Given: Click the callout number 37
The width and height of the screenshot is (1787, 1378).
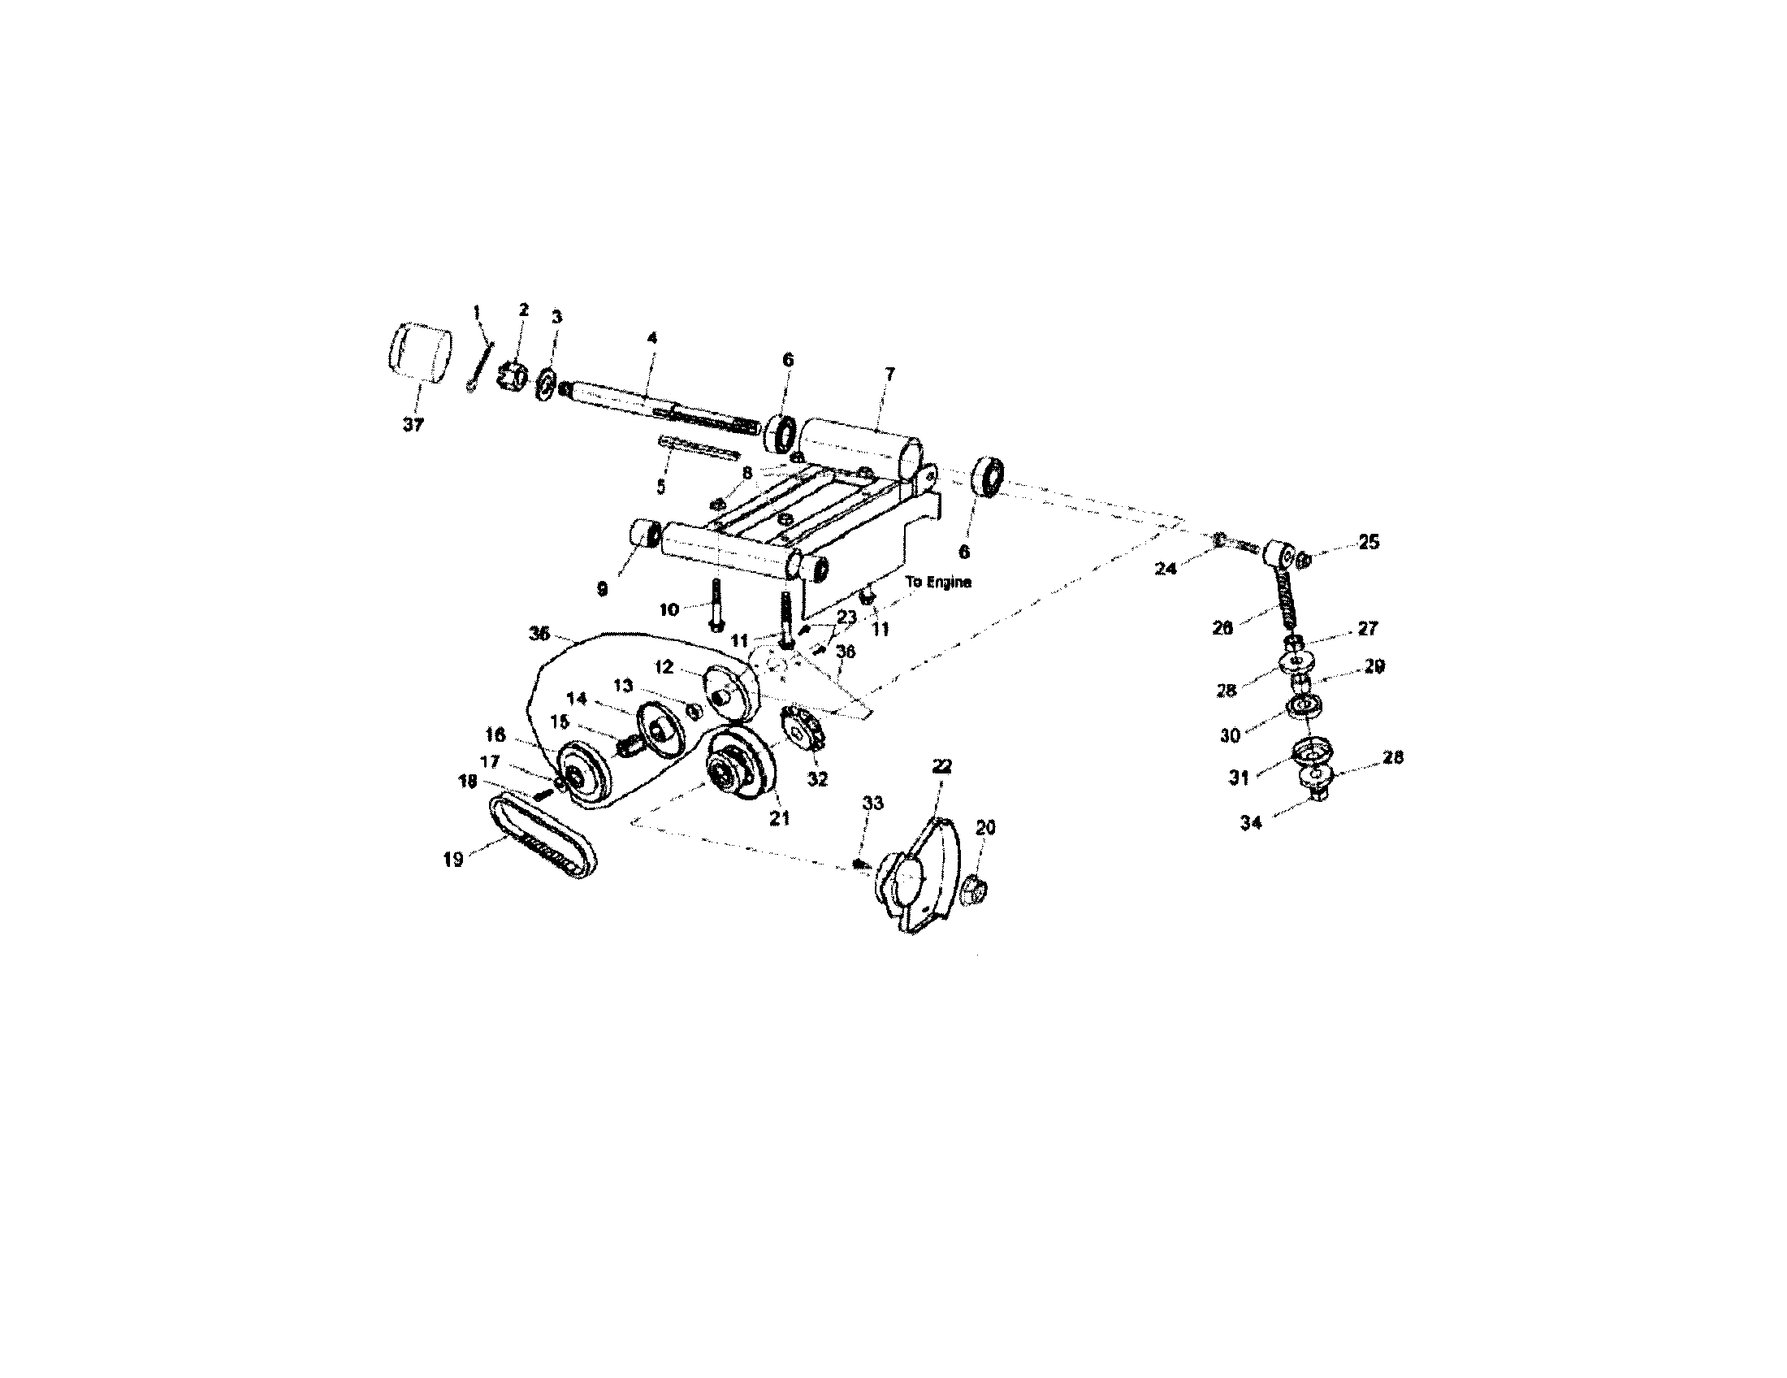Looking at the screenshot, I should tap(413, 425).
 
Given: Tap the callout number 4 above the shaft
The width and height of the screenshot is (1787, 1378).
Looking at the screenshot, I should tap(652, 337).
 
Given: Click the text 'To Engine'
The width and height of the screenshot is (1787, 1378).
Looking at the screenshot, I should tap(938, 582).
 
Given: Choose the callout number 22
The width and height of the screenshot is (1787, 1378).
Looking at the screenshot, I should tap(941, 766).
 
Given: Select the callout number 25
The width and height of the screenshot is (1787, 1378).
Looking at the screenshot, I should tap(1369, 542).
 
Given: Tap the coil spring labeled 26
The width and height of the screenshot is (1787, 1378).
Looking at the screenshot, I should tap(1285, 600).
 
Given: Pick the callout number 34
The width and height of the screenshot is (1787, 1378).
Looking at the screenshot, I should tap(1251, 823).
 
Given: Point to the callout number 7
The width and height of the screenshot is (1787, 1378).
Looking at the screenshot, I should tap(890, 374).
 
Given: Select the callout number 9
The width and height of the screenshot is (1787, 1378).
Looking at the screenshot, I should tap(602, 589).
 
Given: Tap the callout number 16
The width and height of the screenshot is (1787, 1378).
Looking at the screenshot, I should tap(495, 734).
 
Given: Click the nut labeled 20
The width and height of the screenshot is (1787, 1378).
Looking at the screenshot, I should tap(974, 889).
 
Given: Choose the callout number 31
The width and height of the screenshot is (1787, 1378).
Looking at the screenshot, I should tap(1239, 778).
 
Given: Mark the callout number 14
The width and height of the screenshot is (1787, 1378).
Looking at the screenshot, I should tap(577, 698).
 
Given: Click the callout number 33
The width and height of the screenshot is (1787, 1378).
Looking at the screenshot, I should tap(873, 803).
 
